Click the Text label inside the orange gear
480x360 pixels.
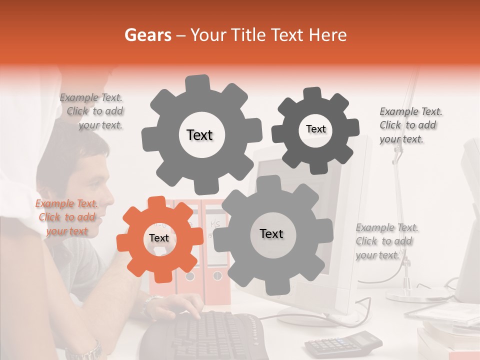pyautogui.click(x=159, y=238)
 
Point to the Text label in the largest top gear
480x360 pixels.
pyautogui.click(x=199, y=135)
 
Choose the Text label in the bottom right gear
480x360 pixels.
pyautogui.click(x=271, y=233)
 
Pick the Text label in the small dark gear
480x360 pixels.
pyautogui.click(x=315, y=129)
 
